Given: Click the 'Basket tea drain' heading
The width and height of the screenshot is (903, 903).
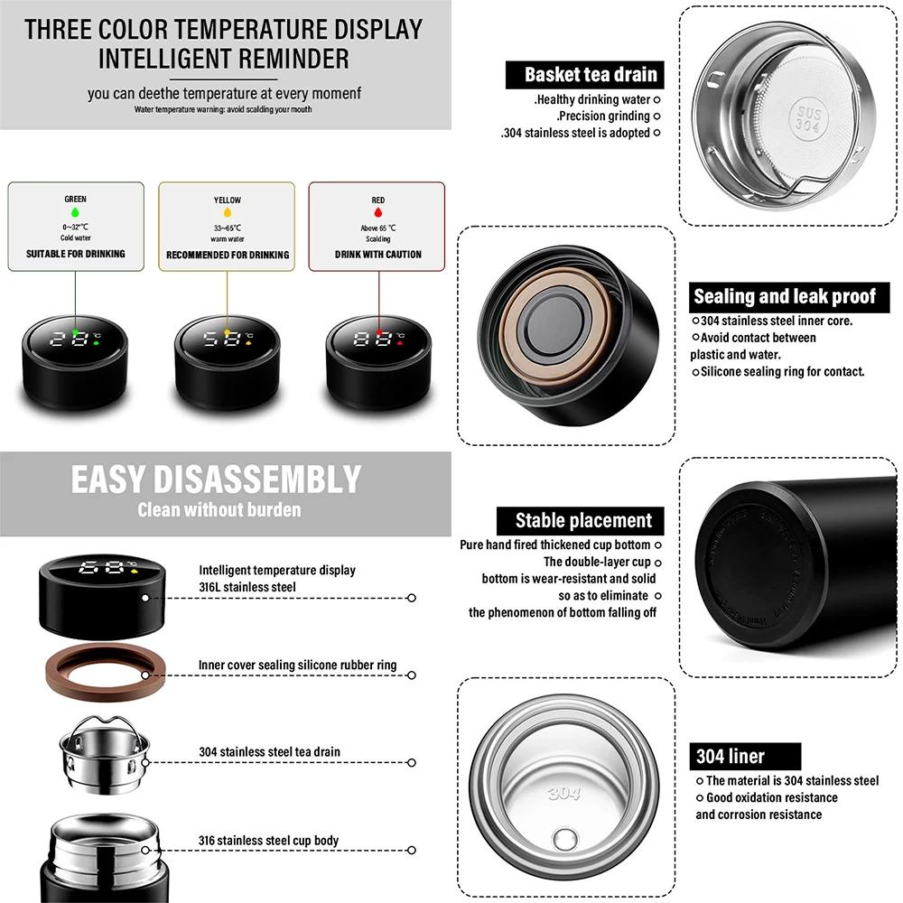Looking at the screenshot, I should click(592, 74).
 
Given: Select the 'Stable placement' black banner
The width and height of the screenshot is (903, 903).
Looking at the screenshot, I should click(583, 520).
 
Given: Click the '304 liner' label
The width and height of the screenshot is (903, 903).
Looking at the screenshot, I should click(731, 757).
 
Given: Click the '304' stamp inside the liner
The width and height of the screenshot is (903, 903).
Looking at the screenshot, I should click(563, 794).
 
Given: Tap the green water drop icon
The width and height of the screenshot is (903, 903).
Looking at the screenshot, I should click(75, 214).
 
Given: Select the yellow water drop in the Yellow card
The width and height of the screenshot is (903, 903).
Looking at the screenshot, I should click(227, 214).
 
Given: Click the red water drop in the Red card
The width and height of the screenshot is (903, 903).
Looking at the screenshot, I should click(377, 214).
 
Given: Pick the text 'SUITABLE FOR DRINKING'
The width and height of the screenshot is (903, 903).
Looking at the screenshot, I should click(76, 255).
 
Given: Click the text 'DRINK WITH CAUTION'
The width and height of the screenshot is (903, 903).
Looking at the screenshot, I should click(378, 255).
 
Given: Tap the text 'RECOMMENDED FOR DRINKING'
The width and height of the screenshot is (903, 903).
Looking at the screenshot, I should click(228, 256).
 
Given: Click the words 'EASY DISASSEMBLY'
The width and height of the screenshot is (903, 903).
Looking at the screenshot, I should click(216, 479).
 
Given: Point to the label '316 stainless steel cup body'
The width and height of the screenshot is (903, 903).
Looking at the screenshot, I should click(269, 841).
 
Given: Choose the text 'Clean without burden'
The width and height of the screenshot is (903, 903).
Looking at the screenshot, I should click(219, 510).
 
